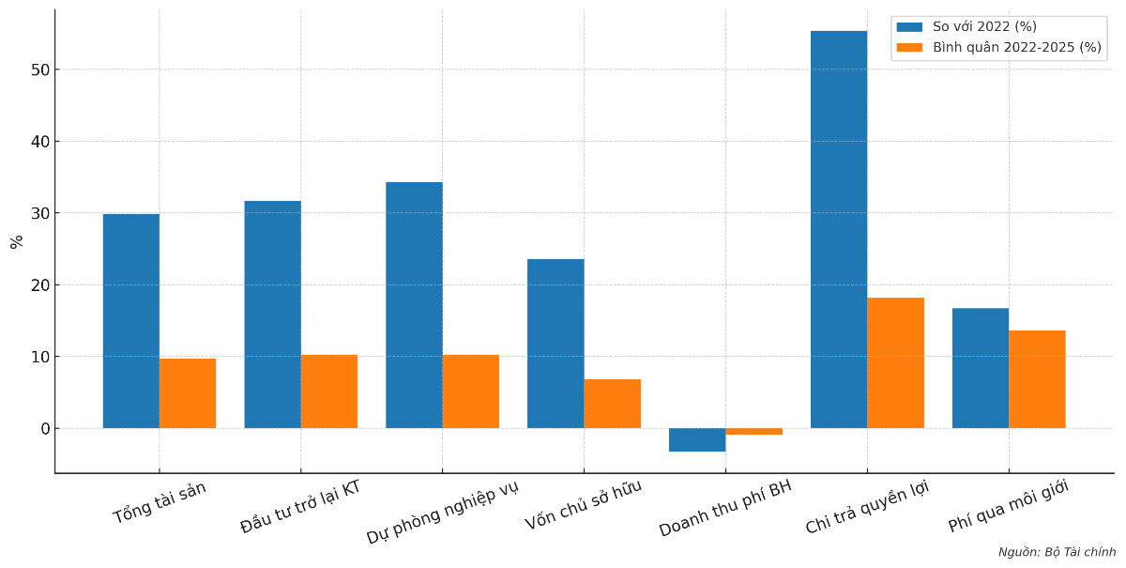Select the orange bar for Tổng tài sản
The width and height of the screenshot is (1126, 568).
tap(188, 393)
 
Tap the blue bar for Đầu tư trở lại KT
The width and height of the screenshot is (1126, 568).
tap(273, 315)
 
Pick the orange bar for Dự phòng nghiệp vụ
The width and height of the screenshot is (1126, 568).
tap(471, 391)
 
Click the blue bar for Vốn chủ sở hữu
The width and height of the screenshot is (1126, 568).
tap(555, 344)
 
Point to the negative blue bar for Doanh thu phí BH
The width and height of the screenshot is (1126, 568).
tap(697, 439)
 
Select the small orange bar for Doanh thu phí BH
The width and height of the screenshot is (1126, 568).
tap(754, 432)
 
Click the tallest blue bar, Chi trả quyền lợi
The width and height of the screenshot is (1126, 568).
tap(839, 230)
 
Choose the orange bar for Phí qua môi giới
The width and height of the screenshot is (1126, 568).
tap(1037, 379)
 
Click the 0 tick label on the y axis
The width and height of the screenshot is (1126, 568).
tap(44, 429)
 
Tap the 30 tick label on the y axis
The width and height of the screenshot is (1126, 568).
tap(40, 213)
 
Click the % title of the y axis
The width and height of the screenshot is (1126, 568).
tap(16, 241)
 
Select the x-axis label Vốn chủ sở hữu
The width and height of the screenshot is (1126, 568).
tap(584, 504)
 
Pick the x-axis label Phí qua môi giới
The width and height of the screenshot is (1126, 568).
tap(1009, 505)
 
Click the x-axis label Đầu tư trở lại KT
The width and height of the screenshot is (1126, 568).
tap(300, 506)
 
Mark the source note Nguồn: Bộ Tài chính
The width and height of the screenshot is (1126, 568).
tap(1057, 552)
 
